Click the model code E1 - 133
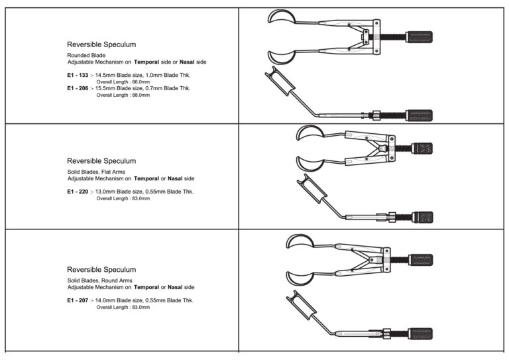78,75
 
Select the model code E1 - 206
78,88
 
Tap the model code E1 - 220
78,192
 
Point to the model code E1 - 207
78,300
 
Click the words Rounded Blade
86,55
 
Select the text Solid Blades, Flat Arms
96,172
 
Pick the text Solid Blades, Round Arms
99,280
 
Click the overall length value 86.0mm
141,82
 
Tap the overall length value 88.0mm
141,95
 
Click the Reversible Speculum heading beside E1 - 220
101,161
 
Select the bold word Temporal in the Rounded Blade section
146,62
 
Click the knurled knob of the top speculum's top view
419,37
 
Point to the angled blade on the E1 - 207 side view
302,305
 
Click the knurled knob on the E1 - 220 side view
423,217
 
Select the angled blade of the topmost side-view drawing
280,81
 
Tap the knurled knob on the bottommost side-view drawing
420,333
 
